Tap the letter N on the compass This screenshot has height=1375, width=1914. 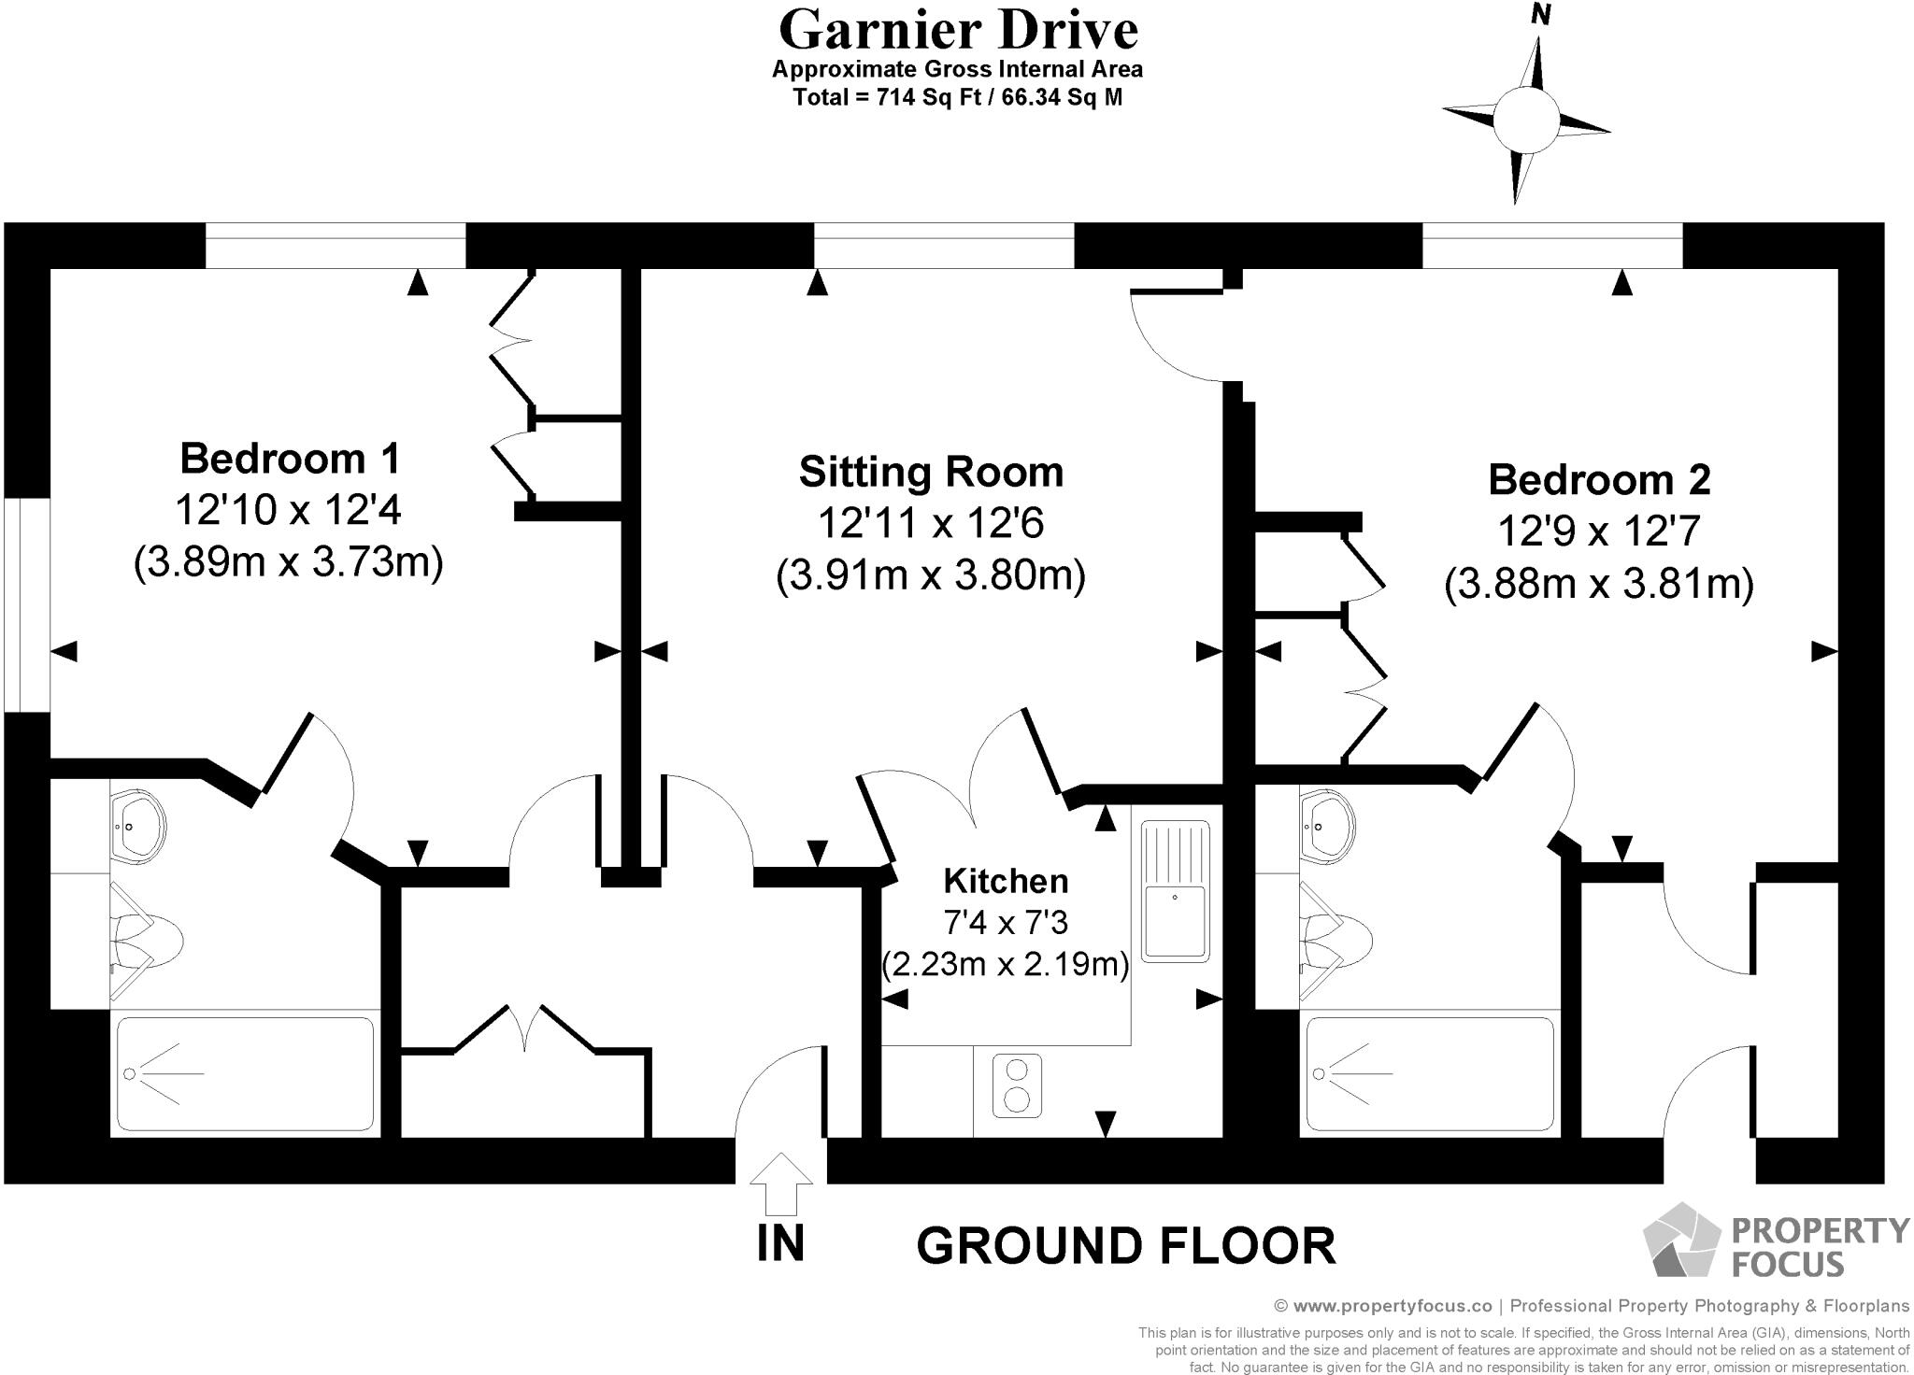(x=1541, y=15)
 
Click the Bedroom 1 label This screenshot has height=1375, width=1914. (x=290, y=459)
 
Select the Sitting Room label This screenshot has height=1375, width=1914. (x=931, y=472)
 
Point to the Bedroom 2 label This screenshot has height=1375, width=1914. (x=1599, y=479)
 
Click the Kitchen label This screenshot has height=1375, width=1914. (x=1006, y=881)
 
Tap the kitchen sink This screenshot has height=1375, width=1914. (x=1175, y=890)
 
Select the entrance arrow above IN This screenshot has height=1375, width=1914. (x=781, y=1182)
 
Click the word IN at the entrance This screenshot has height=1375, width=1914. (x=780, y=1243)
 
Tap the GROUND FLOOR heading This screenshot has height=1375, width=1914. (x=1126, y=1245)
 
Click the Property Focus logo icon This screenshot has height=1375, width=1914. (x=1681, y=1240)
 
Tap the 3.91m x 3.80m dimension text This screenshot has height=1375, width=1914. (x=931, y=576)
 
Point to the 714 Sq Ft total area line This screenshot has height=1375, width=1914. (x=957, y=97)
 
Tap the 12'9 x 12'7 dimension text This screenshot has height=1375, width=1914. (x=1599, y=532)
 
